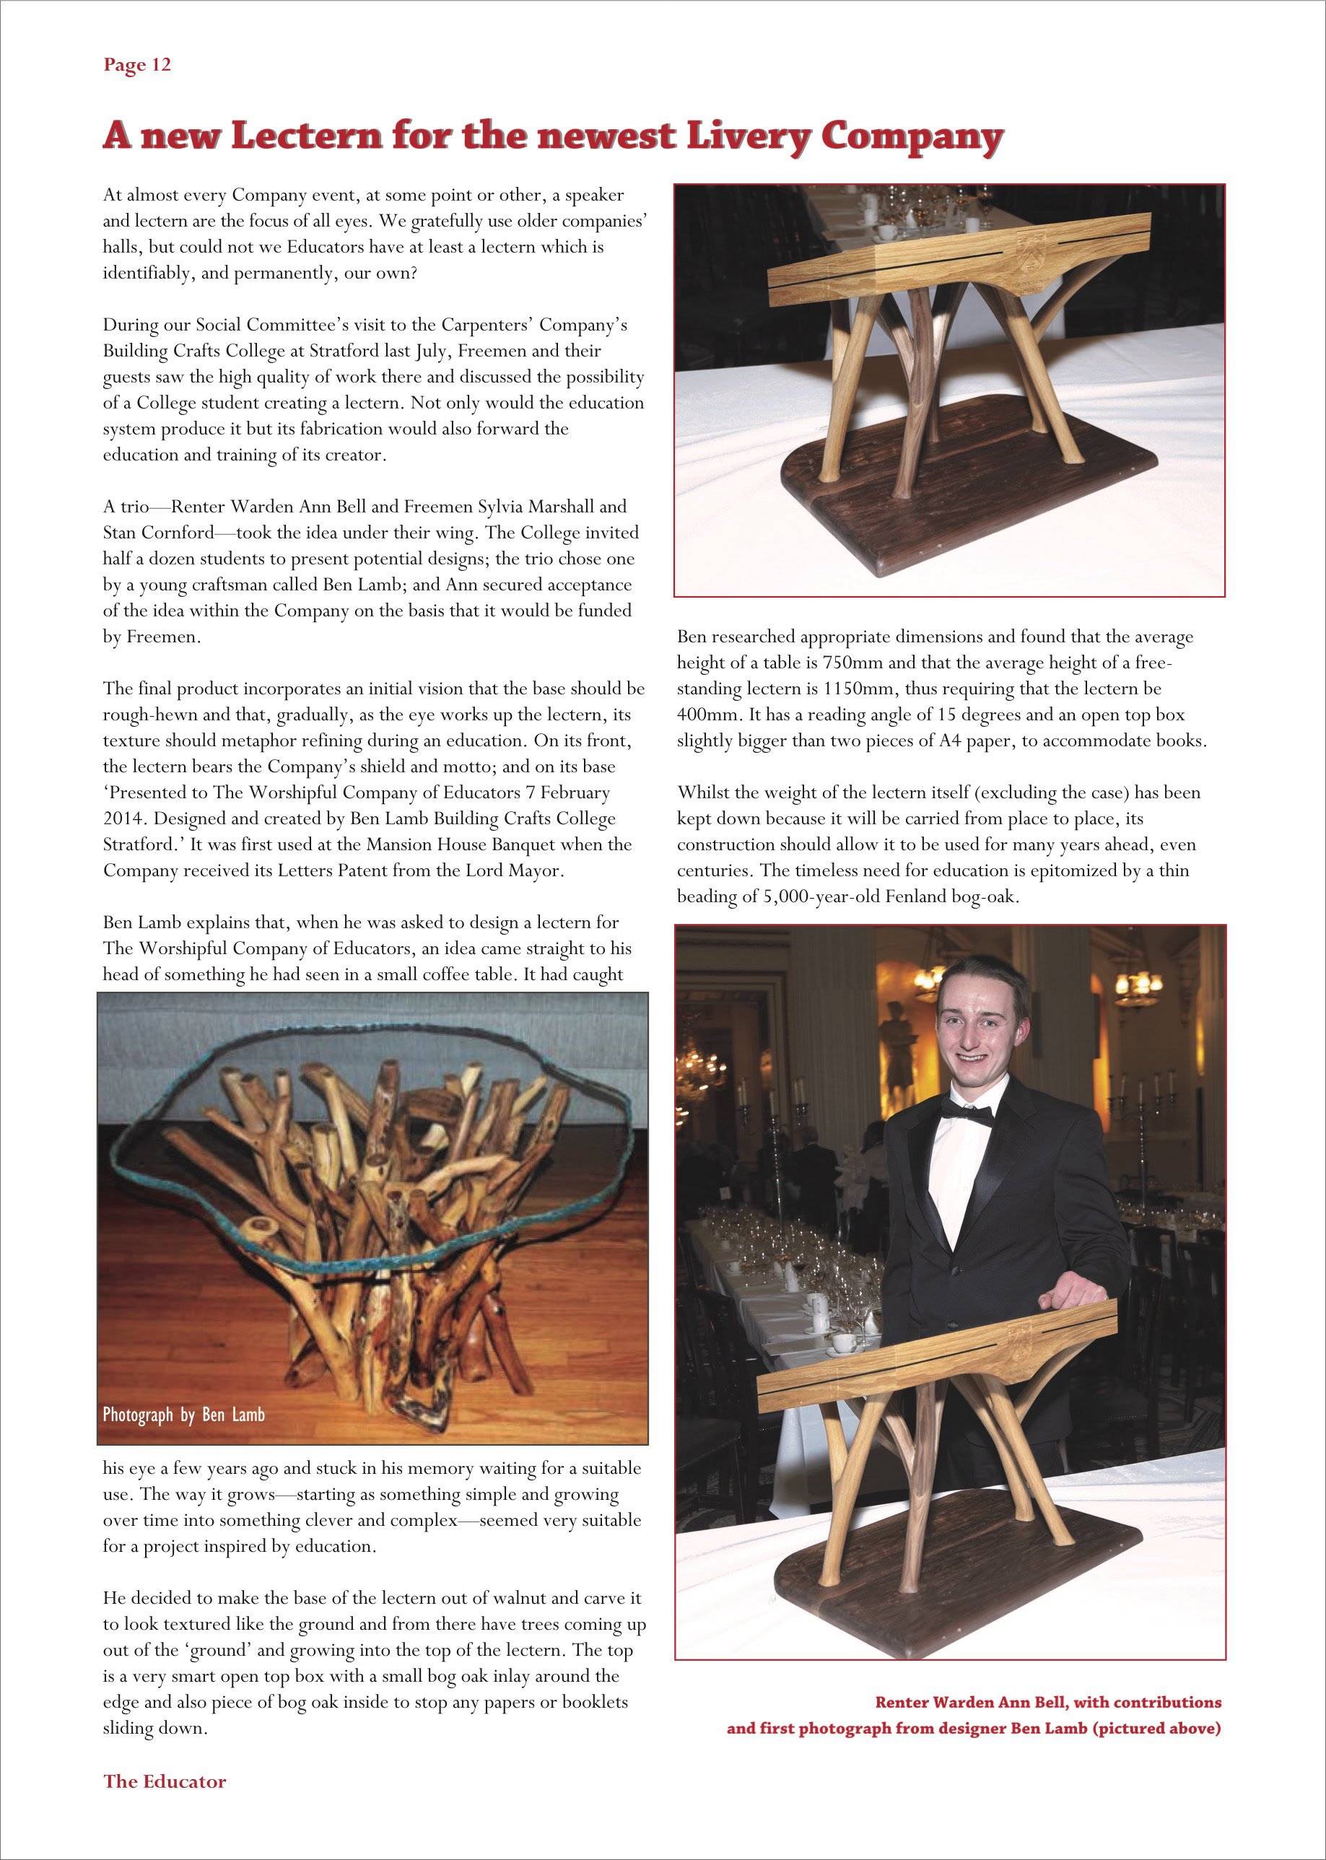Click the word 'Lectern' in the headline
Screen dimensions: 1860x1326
pos(306,136)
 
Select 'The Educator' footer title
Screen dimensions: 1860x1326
pos(164,1781)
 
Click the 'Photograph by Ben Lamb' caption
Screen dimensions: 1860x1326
pos(184,1414)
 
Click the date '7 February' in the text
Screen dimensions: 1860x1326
pos(567,792)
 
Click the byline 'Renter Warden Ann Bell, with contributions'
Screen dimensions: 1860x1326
pos(1047,1703)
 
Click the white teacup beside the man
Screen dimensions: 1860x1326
pos(842,1342)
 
